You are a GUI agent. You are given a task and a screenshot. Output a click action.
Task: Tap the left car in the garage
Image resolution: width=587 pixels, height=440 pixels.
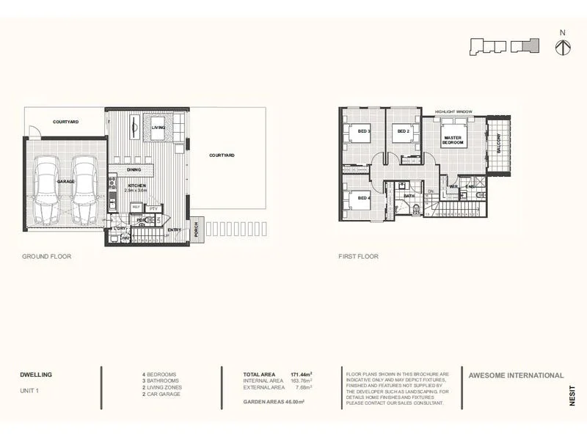(48, 191)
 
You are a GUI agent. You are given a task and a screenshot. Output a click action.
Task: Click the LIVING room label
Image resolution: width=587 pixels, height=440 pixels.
(158, 128)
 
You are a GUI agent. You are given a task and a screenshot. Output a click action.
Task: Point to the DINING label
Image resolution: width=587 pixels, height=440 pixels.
(134, 169)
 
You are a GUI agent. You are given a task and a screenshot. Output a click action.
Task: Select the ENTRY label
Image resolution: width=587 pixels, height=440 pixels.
(175, 230)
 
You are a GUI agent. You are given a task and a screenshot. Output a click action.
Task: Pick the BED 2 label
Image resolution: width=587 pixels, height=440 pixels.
(402, 132)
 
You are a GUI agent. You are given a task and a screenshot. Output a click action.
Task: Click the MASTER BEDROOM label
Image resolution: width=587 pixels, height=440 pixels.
(453, 140)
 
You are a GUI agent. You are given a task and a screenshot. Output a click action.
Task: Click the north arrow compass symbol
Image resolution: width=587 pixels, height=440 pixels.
(563, 45)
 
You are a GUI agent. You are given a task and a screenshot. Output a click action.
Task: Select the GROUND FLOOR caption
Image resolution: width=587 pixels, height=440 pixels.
(45, 257)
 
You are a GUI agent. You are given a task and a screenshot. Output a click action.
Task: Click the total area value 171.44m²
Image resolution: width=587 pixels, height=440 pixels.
(301, 374)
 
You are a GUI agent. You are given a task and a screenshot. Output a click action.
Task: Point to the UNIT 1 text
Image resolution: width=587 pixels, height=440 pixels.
(29, 391)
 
